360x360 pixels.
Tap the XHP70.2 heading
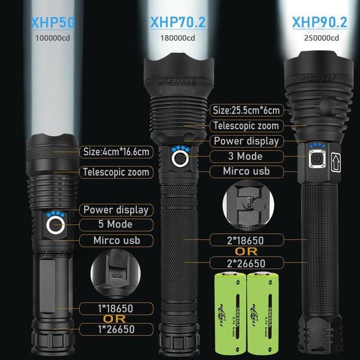point(177,23)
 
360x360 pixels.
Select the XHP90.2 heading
point(319,23)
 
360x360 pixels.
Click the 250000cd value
point(319,38)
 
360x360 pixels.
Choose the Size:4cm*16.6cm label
point(116,151)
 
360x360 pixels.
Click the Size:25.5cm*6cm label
point(245,109)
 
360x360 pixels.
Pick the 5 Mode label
point(116,224)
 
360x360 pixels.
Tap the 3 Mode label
point(246,156)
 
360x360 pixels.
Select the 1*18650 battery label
point(116,308)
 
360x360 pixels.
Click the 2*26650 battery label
point(246,263)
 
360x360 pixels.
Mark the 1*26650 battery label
point(116,329)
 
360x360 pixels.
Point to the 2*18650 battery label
point(246,240)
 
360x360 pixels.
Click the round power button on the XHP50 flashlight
point(54,225)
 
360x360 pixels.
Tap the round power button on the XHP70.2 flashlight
point(180,159)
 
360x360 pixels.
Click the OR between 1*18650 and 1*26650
point(116,318)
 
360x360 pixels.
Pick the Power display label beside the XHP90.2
point(246,141)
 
